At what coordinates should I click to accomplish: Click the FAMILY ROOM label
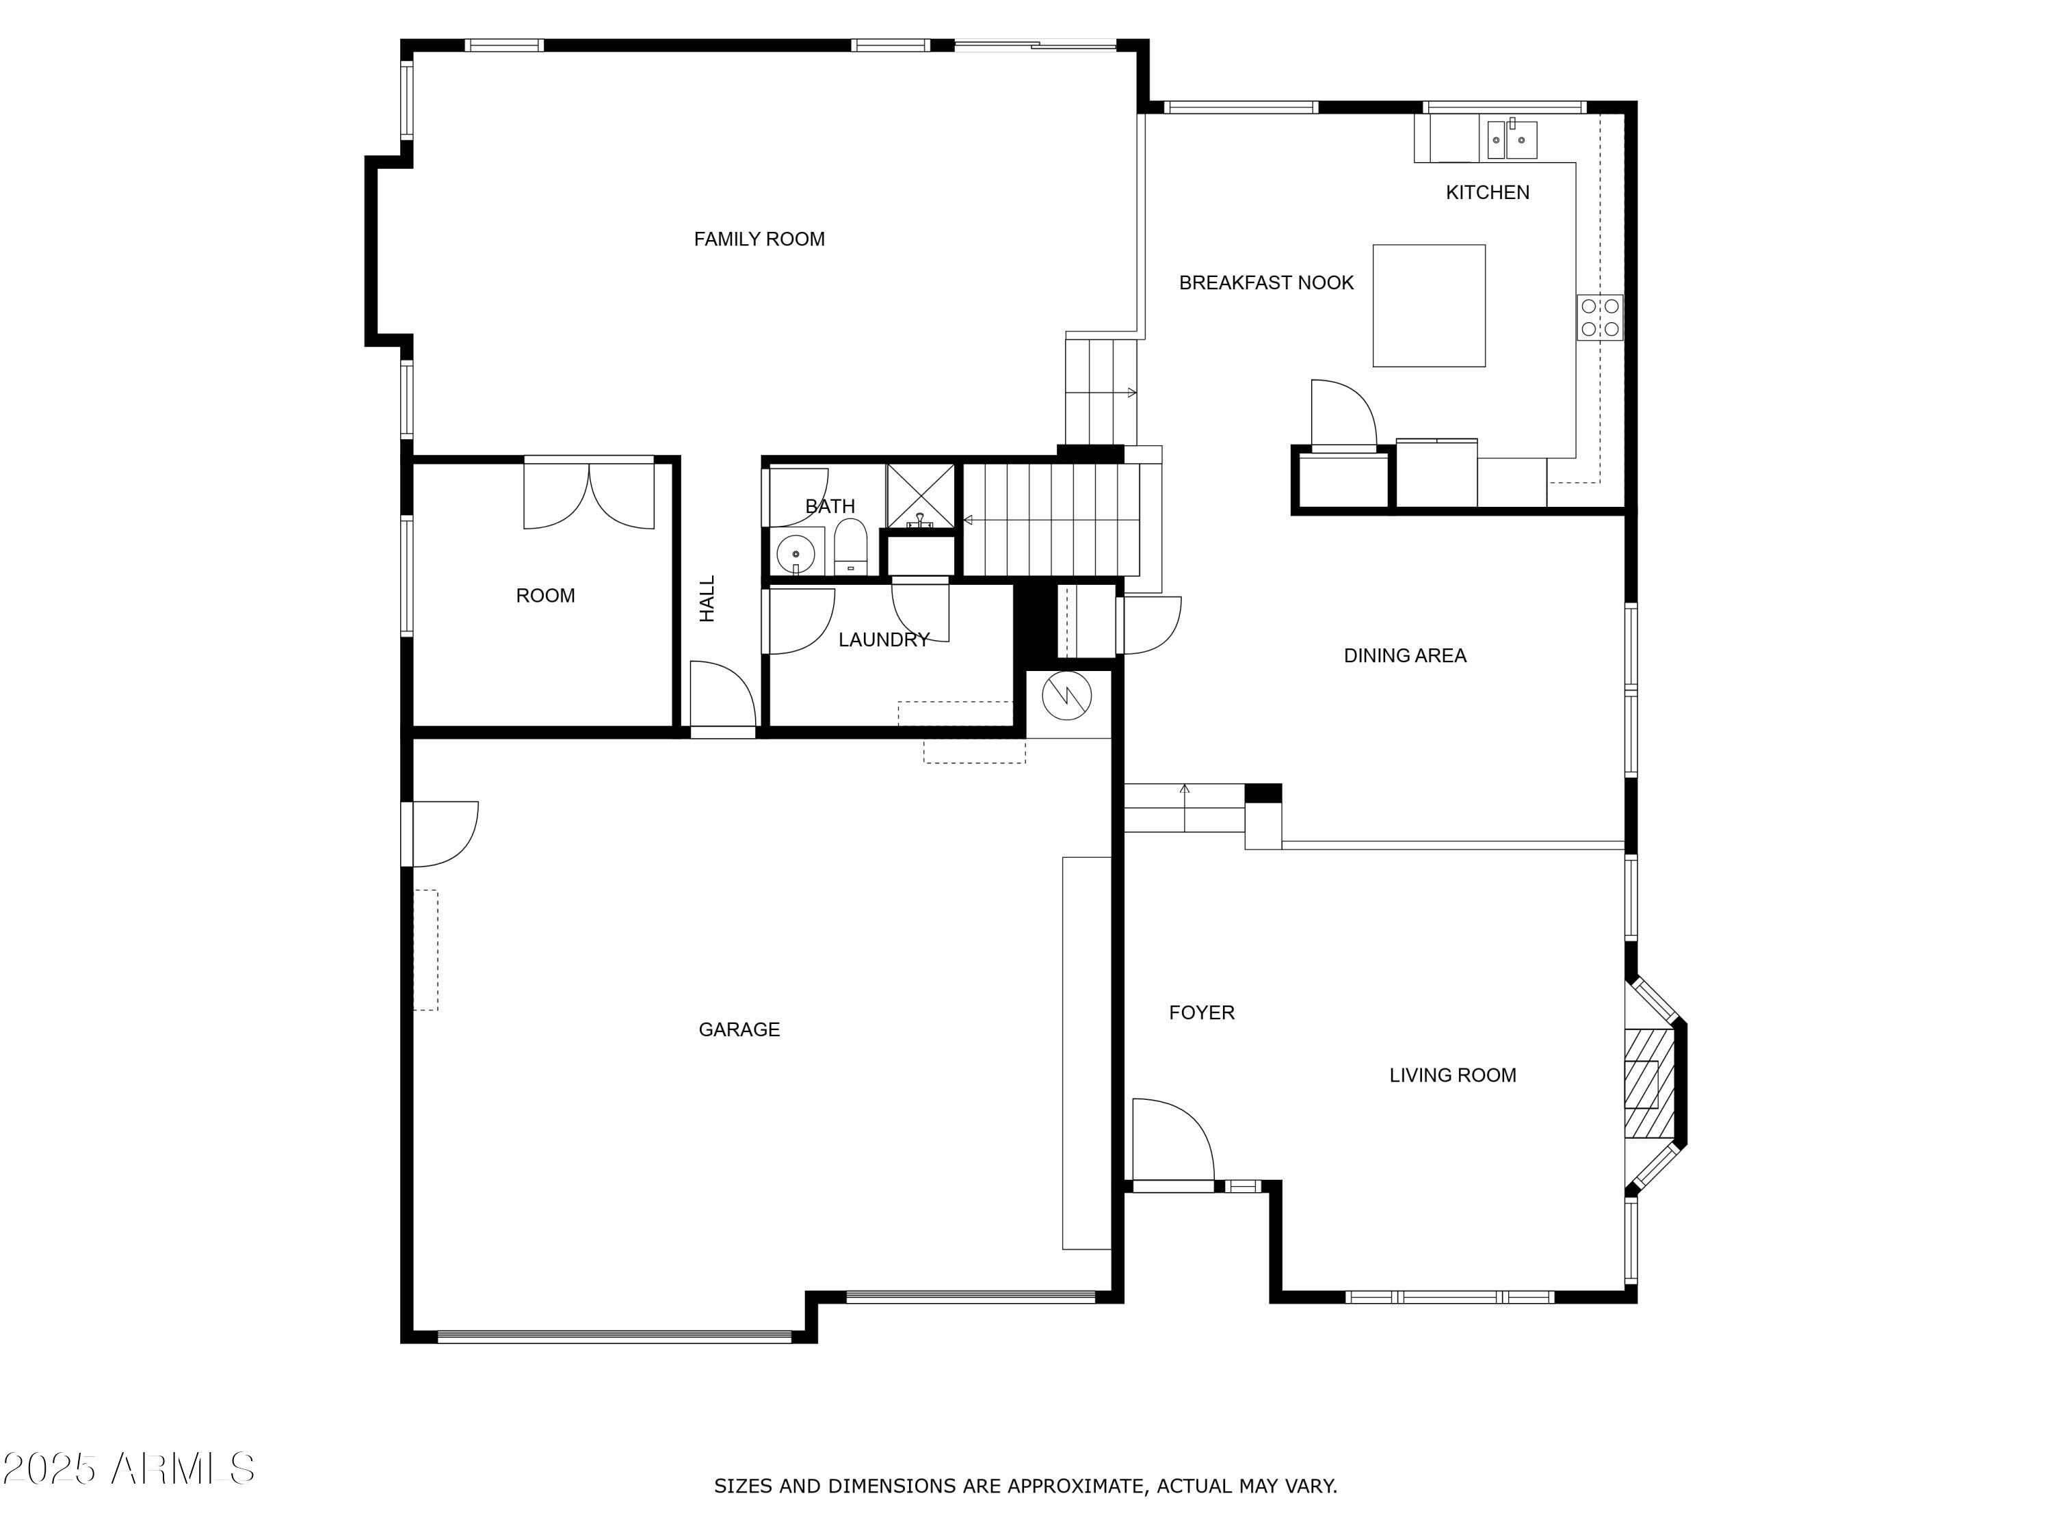[x=759, y=239]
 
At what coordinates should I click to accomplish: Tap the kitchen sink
[x=1512, y=140]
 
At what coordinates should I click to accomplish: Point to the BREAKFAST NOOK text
[x=1266, y=283]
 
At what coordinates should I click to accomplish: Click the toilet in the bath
[x=850, y=547]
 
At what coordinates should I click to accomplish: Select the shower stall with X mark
[x=920, y=497]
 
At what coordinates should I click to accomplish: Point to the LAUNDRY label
[x=883, y=640]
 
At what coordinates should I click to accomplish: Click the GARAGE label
[x=739, y=1029]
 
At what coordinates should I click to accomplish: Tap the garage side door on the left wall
[x=443, y=833]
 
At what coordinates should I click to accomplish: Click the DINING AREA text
[x=1404, y=656]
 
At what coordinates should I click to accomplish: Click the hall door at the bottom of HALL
[x=723, y=696]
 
